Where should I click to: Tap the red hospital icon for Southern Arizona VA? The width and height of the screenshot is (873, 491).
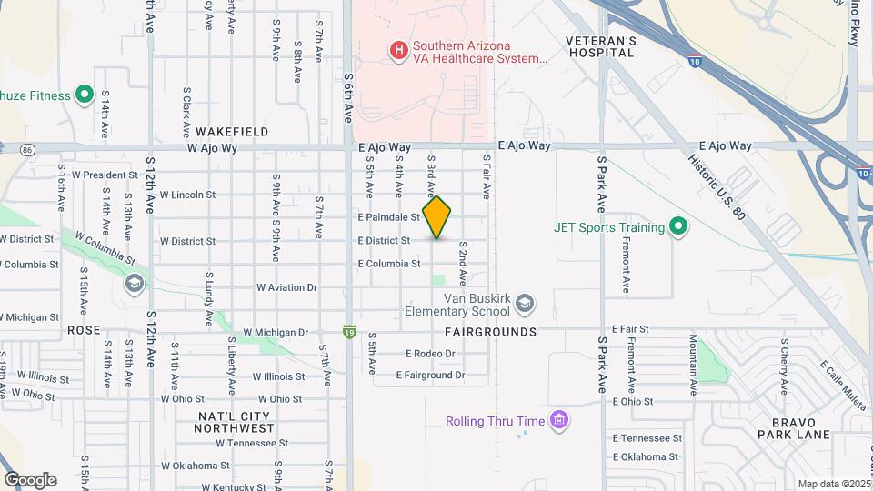coord(397,51)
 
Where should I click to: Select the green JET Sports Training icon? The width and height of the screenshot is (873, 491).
coord(677,226)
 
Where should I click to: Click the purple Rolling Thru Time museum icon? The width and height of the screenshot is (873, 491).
coord(560,420)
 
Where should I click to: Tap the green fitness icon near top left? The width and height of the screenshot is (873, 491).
coord(85,95)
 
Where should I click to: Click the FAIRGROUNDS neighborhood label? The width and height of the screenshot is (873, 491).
coord(491,332)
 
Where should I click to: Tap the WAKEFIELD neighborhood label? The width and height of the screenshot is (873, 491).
coord(232,132)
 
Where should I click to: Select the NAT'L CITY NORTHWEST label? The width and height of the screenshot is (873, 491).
coord(236,422)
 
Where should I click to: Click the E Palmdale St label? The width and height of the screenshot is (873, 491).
coord(388,217)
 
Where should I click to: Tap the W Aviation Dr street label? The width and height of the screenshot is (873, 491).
coord(286,287)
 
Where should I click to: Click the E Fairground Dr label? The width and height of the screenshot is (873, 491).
coord(431,375)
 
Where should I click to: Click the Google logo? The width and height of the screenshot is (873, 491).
coord(30,480)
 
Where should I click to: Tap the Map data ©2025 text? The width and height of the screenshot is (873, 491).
coord(832,484)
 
